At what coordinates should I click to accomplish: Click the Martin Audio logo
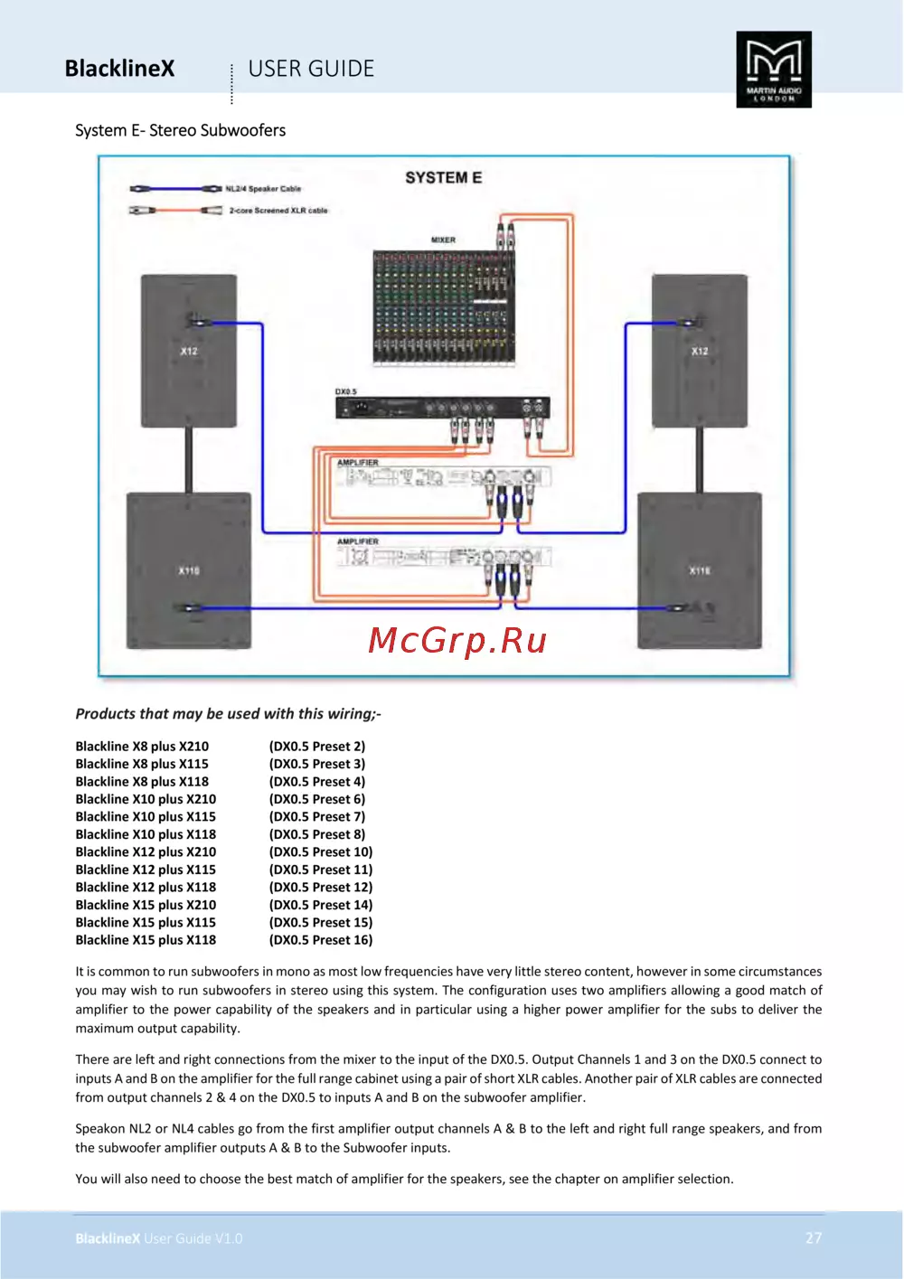coord(774,70)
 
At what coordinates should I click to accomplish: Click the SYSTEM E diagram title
coord(443,177)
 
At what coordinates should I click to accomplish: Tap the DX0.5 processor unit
coord(442,408)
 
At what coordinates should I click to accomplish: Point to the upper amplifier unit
coord(443,475)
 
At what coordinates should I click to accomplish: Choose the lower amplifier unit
coord(443,556)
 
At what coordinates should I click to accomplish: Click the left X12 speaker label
coord(189,351)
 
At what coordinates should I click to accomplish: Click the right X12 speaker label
coord(700,351)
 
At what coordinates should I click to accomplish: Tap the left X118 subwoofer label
coord(189,570)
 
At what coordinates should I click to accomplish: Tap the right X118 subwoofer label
coord(700,570)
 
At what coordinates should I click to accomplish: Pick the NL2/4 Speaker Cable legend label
coord(263,189)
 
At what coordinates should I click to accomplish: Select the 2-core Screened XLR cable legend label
coord(278,210)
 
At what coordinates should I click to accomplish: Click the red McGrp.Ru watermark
coord(457,640)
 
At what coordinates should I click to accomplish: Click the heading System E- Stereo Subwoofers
coord(180,130)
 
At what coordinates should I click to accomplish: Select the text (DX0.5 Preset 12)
coord(321,887)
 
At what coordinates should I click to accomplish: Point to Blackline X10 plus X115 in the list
coord(146,816)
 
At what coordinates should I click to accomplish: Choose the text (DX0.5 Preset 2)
coord(317,746)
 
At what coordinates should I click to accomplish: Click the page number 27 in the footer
coord(814,1237)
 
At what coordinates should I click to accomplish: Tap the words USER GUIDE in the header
coord(311,69)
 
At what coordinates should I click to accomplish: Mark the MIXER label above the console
coord(443,240)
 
